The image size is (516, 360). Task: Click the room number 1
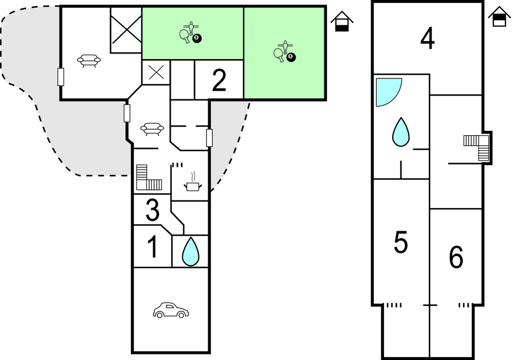[x=152, y=247]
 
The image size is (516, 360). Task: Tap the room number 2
[x=219, y=81]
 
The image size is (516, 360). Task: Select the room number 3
[x=152, y=210]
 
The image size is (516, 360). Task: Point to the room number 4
[x=427, y=39]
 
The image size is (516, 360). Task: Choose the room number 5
[x=401, y=243]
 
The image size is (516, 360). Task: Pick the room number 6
[x=456, y=257]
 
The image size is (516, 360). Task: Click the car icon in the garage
[x=171, y=310]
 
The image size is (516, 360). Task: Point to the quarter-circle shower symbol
[x=387, y=91]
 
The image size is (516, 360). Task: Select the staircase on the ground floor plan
[x=148, y=178]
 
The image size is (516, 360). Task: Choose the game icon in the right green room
[x=285, y=51]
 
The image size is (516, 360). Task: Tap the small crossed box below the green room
[x=155, y=72]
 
